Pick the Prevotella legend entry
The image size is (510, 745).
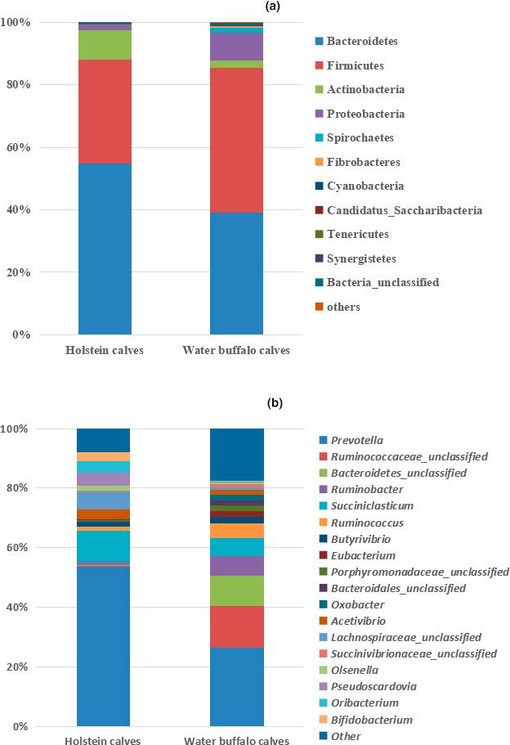pyautogui.click(x=351, y=440)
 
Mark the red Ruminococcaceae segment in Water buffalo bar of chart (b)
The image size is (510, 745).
pyautogui.click(x=236, y=626)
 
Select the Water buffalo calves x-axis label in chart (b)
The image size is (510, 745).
pyautogui.click(x=236, y=741)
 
